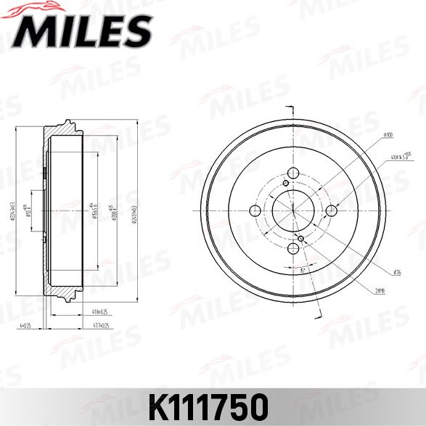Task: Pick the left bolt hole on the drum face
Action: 255,210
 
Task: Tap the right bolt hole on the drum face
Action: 332,210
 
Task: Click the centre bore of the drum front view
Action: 293,210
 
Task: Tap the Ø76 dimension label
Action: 398,272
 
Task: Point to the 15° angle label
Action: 300,270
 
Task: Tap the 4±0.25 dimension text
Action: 25,326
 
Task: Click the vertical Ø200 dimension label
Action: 117,210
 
